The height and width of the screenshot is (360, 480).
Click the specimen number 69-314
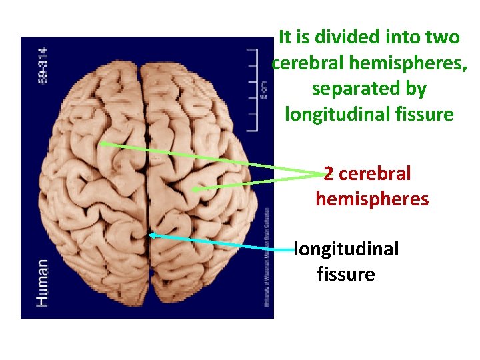43,64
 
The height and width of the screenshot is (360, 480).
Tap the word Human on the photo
42,283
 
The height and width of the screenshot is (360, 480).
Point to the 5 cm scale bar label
264,88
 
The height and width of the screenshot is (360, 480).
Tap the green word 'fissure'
425,114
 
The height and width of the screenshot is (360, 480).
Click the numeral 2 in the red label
329,173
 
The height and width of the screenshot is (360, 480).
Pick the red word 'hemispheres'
372,199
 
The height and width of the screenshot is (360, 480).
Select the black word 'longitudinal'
347,249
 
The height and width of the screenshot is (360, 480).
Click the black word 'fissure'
346,274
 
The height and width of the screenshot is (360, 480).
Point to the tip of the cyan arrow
149,234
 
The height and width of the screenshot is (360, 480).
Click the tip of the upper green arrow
99,143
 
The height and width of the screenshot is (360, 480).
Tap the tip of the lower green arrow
191,191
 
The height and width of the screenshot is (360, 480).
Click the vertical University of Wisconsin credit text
266,257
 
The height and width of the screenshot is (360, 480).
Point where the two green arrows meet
323,175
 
